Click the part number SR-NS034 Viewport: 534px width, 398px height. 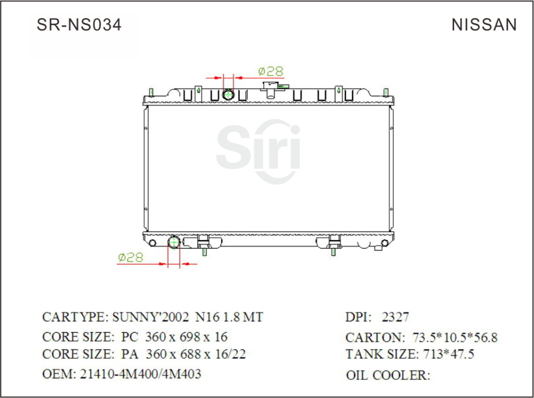click(x=79, y=25)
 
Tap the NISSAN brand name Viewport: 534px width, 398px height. click(x=484, y=25)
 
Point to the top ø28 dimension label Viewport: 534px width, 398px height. click(x=271, y=71)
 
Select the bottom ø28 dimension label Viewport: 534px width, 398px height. click(x=130, y=257)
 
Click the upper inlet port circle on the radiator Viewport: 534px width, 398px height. click(x=228, y=95)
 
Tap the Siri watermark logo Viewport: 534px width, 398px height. click(x=259, y=151)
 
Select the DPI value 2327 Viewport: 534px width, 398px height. click(x=395, y=317)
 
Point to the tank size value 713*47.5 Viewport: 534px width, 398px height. click(x=446, y=355)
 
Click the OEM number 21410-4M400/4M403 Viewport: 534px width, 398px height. click(x=140, y=374)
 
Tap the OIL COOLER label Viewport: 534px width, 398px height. click(x=388, y=375)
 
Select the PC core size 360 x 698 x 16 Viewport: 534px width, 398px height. click(x=187, y=337)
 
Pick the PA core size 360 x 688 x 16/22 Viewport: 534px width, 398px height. click(x=196, y=355)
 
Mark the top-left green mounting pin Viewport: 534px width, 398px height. click(x=151, y=92)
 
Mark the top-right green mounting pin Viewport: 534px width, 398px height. click(x=386, y=92)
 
